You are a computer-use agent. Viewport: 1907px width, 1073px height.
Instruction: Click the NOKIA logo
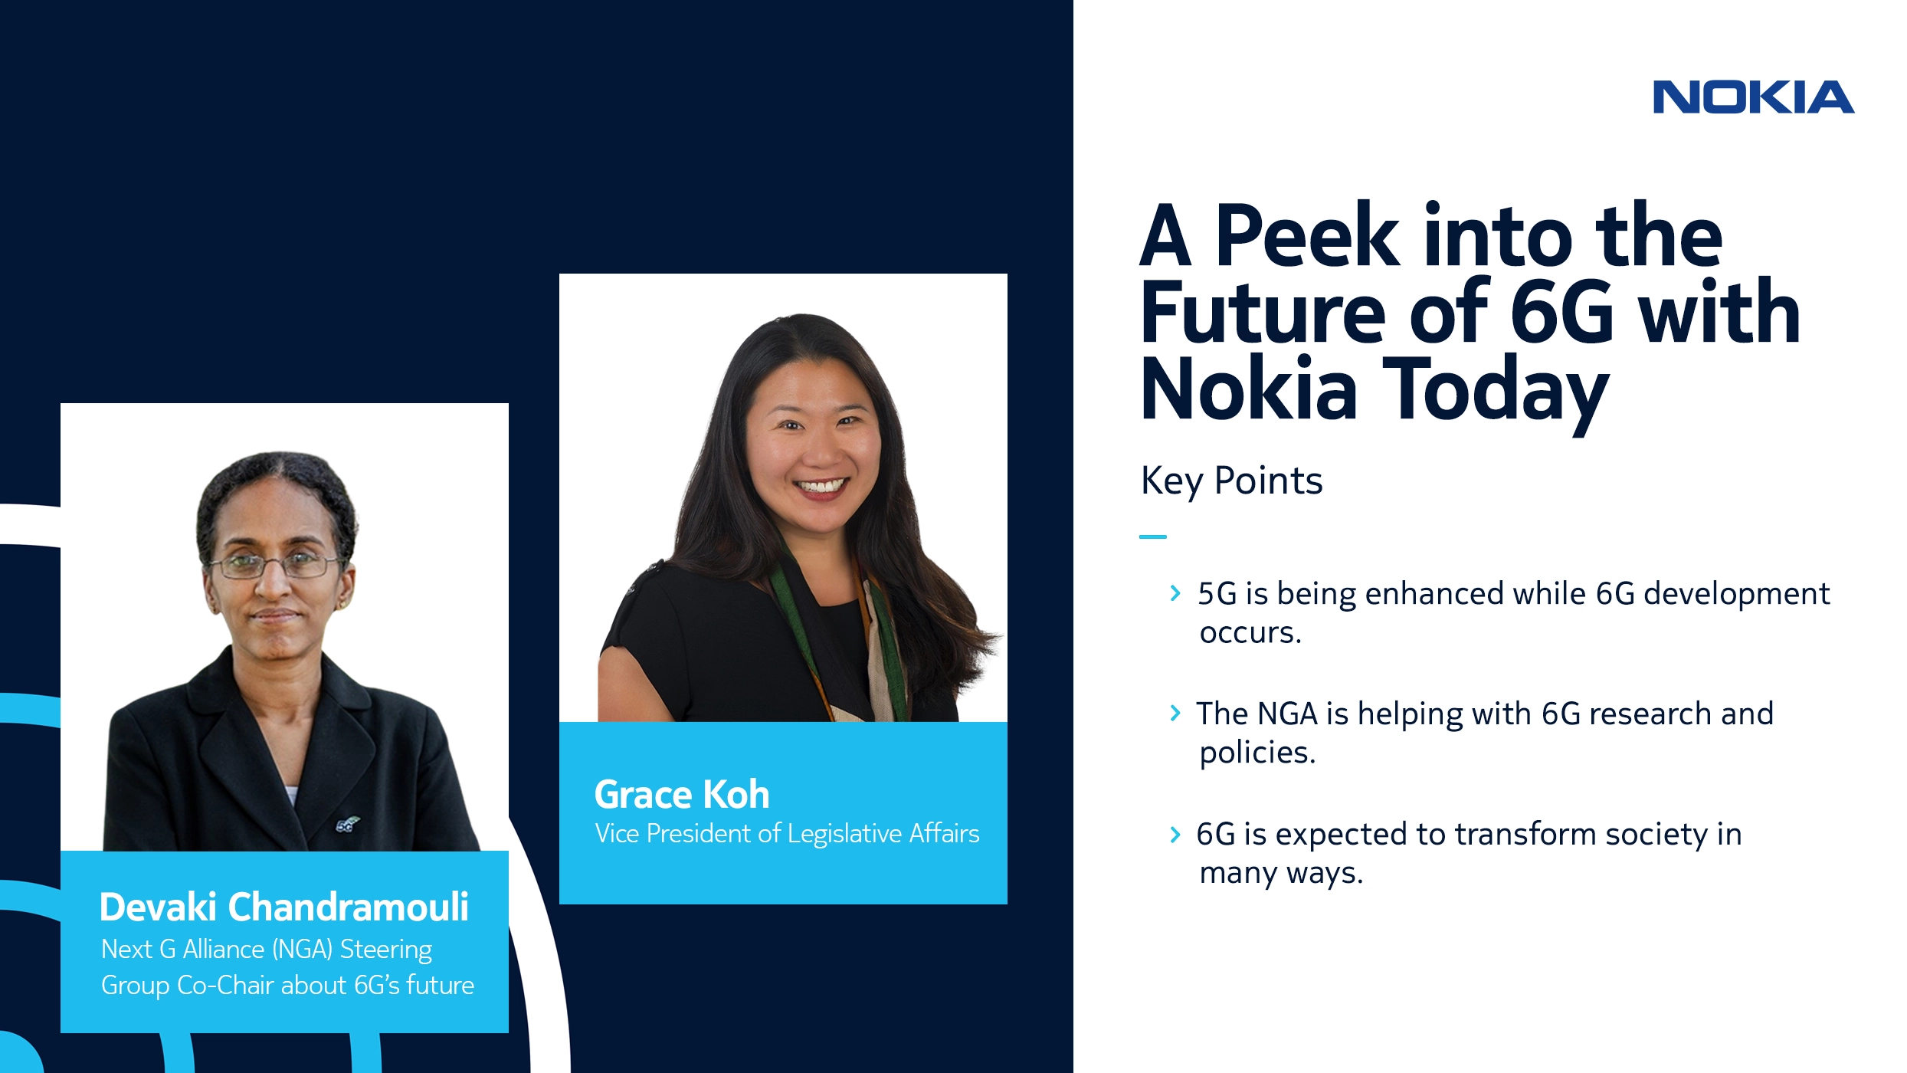click(x=1753, y=97)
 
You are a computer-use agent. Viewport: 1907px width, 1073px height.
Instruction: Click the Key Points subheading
click(x=1231, y=481)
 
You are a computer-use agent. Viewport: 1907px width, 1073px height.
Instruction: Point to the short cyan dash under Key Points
click(x=1152, y=536)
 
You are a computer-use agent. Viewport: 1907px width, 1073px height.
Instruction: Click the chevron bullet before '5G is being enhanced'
click(x=1175, y=593)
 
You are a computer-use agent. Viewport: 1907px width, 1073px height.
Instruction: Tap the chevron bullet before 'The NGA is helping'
click(x=1175, y=714)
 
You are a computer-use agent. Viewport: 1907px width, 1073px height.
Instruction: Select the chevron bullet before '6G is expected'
click(x=1175, y=834)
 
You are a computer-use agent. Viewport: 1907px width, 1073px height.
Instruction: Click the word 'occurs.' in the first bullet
click(x=1250, y=633)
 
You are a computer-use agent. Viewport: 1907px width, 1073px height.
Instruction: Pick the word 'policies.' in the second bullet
click(x=1257, y=753)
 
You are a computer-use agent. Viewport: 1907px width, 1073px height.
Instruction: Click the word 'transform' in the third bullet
click(x=1525, y=834)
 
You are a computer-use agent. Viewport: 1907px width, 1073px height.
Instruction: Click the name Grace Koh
click(x=682, y=794)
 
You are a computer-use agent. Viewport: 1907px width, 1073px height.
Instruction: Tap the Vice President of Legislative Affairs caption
click(x=787, y=833)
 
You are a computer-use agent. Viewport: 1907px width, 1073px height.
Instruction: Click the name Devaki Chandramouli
click(x=283, y=907)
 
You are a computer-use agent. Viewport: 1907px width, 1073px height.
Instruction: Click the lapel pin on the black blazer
click(x=346, y=825)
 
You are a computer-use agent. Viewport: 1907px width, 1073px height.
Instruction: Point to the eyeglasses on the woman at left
click(x=274, y=566)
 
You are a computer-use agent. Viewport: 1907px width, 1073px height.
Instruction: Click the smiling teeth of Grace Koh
click(x=820, y=486)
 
